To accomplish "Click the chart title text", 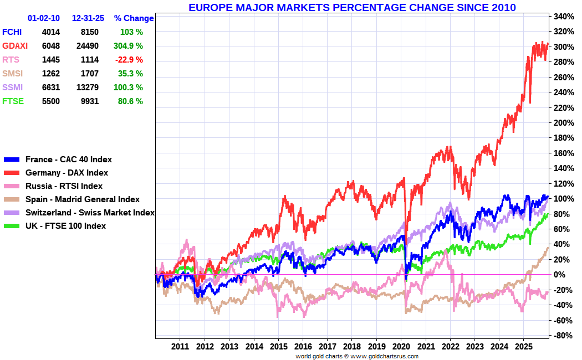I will pos(352,8).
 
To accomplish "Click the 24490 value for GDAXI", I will pos(85,46).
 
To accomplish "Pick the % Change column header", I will pos(134,18).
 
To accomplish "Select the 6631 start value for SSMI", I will pos(50,88).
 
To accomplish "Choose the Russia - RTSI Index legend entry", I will pos(64,186).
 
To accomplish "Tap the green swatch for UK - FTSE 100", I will pos(12,226).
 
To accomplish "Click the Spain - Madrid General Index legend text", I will pos(82,199).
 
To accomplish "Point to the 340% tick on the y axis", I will pos(563,17).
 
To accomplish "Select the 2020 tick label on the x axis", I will pos(401,346).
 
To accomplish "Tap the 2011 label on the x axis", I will pos(180,346).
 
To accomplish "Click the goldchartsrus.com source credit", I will pos(356,356).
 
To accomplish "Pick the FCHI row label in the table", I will pos(12,32).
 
